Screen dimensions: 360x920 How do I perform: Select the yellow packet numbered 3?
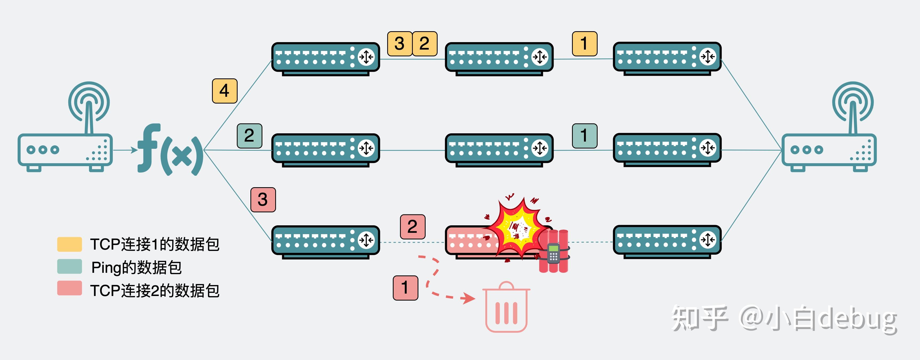(400, 43)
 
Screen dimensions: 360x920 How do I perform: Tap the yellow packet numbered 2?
(425, 43)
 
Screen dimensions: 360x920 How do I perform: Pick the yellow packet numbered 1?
(585, 43)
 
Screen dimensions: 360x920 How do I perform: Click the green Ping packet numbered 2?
(249, 136)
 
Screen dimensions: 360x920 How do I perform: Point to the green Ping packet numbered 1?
(585, 136)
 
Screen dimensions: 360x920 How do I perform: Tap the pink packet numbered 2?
(413, 227)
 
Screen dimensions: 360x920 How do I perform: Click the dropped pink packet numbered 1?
(405, 288)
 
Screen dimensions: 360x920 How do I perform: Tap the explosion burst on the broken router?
(518, 229)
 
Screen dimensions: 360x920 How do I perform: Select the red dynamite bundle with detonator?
(554, 252)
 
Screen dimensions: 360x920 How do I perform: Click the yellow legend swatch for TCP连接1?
(70, 244)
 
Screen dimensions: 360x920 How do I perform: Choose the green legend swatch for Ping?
(70, 267)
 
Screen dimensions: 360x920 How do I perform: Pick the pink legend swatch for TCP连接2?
(70, 289)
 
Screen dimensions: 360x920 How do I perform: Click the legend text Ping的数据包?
(137, 267)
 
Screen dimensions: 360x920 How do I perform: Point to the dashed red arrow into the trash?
(439, 282)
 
